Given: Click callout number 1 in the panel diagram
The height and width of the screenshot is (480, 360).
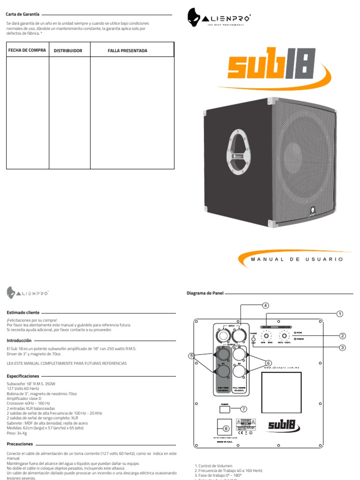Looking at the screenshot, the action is click(x=340, y=314).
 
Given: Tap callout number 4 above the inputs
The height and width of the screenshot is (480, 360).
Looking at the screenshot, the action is click(x=266, y=305).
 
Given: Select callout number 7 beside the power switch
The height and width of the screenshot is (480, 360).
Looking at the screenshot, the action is click(x=243, y=409).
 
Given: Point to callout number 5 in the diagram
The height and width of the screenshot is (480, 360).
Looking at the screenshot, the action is click(x=191, y=356).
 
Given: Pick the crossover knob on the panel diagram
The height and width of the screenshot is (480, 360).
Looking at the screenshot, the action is click(x=284, y=336).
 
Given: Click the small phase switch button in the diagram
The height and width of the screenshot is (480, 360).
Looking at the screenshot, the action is click(x=253, y=338).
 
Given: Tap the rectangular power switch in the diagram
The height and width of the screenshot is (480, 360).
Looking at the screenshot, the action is click(x=225, y=409).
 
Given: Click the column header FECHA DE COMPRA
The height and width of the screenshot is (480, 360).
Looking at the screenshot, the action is click(x=27, y=50).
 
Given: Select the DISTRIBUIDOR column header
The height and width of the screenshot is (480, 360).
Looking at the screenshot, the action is click(x=68, y=51).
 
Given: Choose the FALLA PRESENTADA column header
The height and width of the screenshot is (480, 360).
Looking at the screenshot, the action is click(x=127, y=51).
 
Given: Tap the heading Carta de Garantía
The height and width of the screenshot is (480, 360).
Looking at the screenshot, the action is click(x=22, y=15).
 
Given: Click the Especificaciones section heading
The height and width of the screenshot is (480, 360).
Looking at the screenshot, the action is click(x=23, y=376).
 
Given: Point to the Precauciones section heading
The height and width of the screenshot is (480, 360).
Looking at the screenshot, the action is click(x=20, y=443).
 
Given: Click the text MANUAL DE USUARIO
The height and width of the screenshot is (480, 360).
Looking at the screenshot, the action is click(x=297, y=259).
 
